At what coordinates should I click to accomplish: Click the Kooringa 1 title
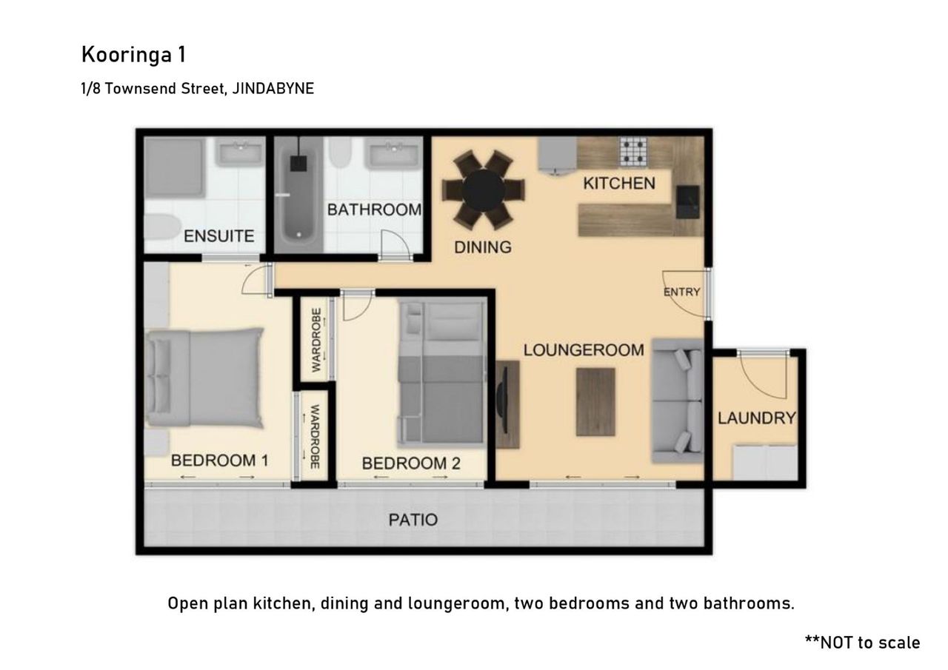[x=133, y=55]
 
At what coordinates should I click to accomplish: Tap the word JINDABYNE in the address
[x=273, y=88]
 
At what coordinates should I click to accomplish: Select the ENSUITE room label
[x=218, y=236]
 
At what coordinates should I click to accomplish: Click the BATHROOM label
[x=375, y=210]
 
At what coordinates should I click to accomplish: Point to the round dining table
[x=484, y=190]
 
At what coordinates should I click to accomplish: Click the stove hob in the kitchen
[x=633, y=152]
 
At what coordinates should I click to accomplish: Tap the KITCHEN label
[x=619, y=183]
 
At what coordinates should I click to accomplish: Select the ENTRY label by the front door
[x=681, y=292]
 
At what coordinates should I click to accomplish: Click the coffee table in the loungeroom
[x=595, y=402]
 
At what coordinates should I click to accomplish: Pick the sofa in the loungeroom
[x=678, y=401]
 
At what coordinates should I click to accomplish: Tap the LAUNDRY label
[x=757, y=418]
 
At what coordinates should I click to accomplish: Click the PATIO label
[x=413, y=520]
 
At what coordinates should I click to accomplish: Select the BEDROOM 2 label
[x=411, y=463]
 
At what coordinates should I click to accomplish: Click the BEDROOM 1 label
[x=219, y=460]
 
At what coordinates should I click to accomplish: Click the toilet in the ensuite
[x=163, y=227]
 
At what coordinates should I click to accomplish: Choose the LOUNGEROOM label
[x=584, y=350]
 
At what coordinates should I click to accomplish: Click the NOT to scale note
[x=863, y=643]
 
